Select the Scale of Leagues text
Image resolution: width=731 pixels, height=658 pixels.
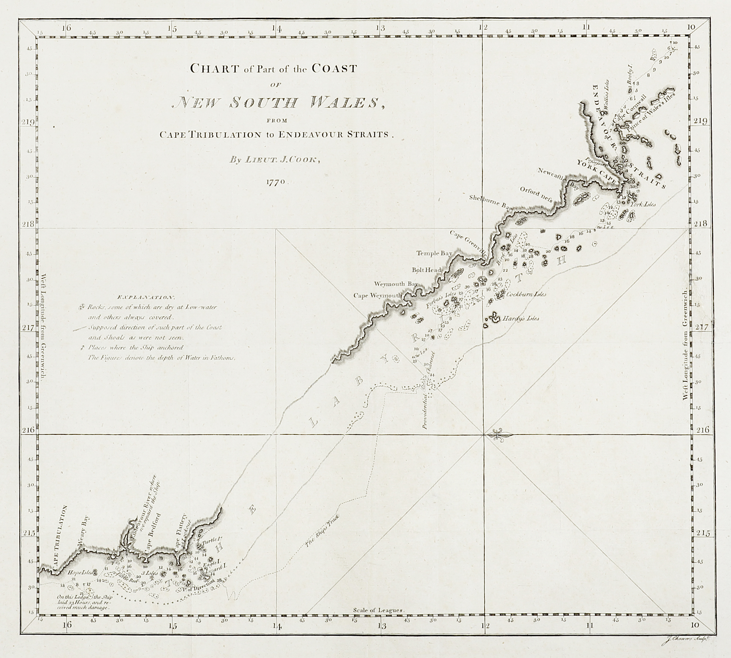378,610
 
